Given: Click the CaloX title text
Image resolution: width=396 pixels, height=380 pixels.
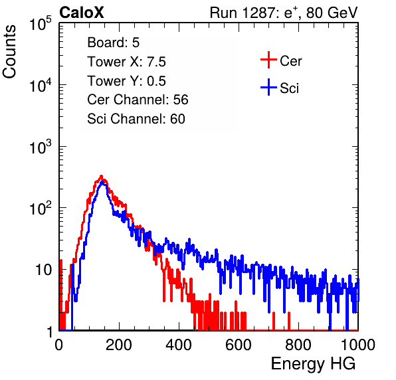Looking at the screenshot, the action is pos(81,13).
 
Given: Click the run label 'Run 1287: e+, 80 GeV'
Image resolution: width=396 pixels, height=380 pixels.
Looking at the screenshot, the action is pos(284,13).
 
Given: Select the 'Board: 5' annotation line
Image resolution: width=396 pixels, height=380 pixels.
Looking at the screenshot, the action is pos(113,43).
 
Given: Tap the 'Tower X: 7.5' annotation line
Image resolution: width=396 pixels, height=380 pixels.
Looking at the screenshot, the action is pos(126,62).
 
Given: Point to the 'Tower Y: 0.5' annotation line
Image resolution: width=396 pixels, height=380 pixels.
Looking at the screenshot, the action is pos(126,81).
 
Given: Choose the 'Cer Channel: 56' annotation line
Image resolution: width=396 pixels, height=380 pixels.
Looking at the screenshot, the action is pos(138,100).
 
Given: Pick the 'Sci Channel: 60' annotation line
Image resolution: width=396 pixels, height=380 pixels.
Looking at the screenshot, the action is pos(136,119).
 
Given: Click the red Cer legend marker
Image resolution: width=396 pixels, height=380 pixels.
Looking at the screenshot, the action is pos(268,60).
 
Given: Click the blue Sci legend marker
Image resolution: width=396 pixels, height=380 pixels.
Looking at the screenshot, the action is pos(268,87).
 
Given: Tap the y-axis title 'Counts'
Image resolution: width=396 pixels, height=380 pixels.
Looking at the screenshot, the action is pos(9,52).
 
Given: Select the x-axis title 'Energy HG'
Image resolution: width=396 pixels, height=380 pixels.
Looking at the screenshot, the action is pos(313,364).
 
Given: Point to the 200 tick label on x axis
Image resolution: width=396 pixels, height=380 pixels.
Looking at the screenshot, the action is pos(119,345).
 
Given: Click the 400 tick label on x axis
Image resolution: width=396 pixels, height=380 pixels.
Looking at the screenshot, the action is pos(179,345).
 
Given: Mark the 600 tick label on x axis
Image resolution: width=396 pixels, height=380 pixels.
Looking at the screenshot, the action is pos(239,345).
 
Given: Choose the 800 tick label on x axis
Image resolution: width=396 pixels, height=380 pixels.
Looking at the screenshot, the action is pos(298,345).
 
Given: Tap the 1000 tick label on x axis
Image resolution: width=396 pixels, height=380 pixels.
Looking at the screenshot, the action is pos(358,345).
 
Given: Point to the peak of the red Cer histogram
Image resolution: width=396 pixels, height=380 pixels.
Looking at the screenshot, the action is pos(101,176).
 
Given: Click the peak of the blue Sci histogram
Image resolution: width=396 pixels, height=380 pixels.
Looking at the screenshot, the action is pos(102,182).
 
